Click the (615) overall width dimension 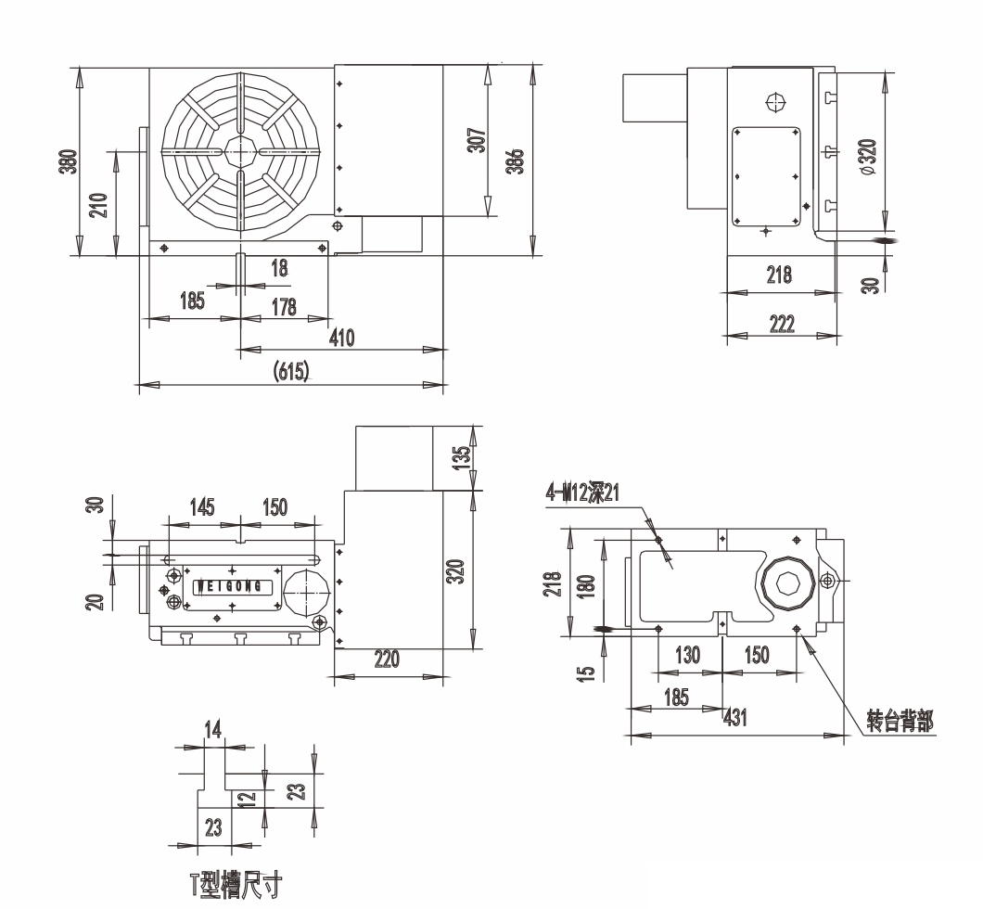pos(291,372)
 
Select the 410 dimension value pos(341,338)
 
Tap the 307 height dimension pos(477,140)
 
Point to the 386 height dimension pos(515,161)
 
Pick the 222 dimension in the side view pos(782,324)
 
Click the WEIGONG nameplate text pos(230,587)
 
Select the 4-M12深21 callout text pos(582,493)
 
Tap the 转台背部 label pos(900,721)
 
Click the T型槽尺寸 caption pos(236,884)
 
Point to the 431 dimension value pos(735,717)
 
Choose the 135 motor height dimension pos(461,457)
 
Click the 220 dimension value pos(386,659)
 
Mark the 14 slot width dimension pos(213,729)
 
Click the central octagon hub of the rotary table pos(240,151)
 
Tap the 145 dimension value pos(202,506)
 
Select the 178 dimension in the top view pos(284,307)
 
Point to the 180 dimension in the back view pos(585,586)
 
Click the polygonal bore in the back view pos(787,583)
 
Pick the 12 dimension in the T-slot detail pos(248,798)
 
